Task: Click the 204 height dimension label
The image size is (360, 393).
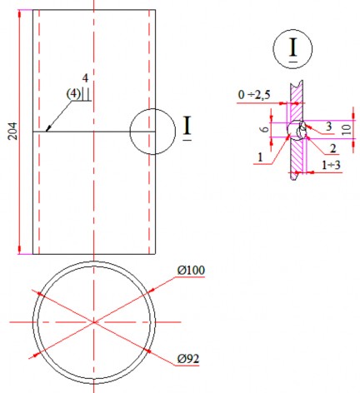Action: tap(12, 131)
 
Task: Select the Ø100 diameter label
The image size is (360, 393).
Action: tap(191, 271)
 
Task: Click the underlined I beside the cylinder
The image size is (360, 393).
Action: tap(187, 127)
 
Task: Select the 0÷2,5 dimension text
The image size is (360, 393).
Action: tap(253, 97)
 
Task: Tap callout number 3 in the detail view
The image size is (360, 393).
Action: tap(329, 126)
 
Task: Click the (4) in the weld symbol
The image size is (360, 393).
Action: tap(74, 93)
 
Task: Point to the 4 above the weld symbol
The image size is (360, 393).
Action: tap(85, 77)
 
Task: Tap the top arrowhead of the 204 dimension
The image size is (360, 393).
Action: tap(19, 14)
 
